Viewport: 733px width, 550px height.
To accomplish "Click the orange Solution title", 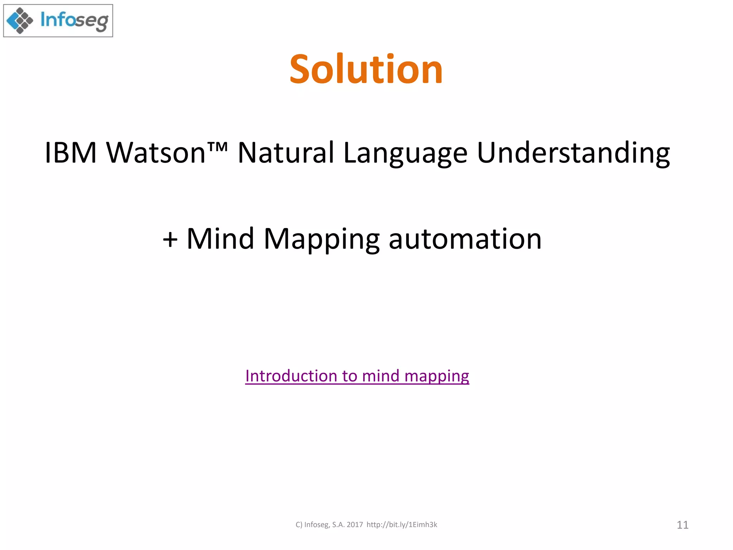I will [x=366, y=69].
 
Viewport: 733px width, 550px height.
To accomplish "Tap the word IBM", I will [x=71, y=153].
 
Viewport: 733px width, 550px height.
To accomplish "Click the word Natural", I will [x=286, y=153].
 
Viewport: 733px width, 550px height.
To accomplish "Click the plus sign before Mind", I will [x=170, y=239].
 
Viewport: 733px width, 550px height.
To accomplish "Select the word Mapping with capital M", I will [x=321, y=240].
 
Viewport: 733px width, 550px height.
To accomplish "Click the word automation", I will [x=465, y=239].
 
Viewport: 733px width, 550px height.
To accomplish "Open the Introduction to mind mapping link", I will [x=357, y=376].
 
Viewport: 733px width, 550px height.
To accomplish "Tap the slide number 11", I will [x=683, y=525].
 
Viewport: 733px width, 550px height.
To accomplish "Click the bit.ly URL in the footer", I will [x=402, y=525].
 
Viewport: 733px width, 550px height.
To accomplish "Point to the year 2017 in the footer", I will [x=355, y=525].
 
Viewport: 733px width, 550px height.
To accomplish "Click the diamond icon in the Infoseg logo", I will [x=20, y=21].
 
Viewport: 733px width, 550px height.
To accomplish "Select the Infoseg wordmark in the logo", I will [x=74, y=21].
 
